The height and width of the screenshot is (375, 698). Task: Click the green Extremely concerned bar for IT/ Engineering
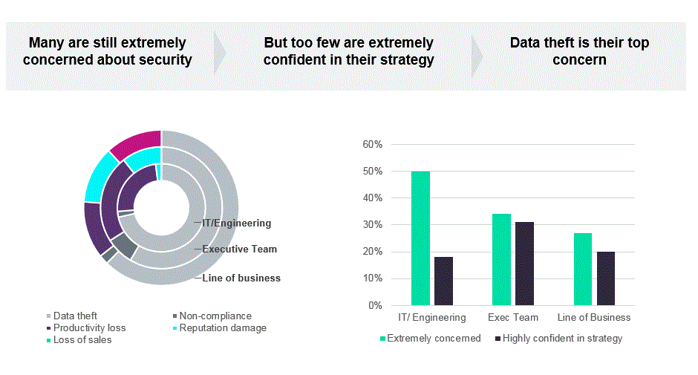tap(420, 238)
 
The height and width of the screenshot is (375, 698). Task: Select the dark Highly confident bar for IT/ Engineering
tap(443, 281)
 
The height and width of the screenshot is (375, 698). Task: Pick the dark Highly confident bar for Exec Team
tap(524, 264)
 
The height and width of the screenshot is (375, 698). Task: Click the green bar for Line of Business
tap(582, 269)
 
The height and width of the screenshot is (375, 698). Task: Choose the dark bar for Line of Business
tap(605, 278)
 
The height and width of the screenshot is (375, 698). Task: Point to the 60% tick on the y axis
tap(373, 144)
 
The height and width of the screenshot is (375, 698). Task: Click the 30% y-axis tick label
tap(373, 225)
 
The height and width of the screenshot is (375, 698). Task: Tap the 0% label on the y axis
tap(376, 305)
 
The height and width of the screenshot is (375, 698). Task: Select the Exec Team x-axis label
tap(512, 318)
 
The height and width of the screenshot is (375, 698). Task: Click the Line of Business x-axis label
tap(594, 318)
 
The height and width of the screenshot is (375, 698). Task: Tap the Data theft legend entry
tap(75, 316)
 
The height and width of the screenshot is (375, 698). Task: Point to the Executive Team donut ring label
tap(239, 250)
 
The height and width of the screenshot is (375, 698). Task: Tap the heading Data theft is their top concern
tap(579, 51)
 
